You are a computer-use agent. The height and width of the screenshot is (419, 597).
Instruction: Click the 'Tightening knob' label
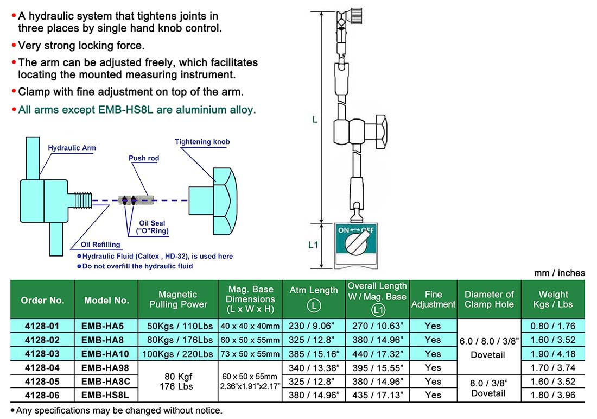point(202,142)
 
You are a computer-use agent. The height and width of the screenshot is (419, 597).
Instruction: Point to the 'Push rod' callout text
point(144,158)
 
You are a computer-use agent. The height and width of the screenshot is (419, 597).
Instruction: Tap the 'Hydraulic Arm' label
point(72,148)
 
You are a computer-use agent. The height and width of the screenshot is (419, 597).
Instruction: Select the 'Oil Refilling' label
point(100,245)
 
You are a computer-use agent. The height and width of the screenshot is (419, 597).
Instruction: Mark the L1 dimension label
point(313,245)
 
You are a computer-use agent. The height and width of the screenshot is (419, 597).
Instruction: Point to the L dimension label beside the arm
point(314,119)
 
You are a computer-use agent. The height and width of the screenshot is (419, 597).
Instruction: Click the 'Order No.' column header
point(42,300)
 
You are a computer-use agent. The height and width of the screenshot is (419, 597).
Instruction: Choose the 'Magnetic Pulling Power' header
point(178,299)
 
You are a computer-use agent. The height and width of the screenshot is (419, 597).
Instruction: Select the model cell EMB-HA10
point(106,354)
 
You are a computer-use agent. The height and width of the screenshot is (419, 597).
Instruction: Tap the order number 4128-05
point(42,382)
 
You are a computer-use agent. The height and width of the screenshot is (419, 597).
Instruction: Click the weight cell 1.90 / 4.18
point(554,354)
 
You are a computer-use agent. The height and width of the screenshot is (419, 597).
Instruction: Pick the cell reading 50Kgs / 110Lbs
point(178,326)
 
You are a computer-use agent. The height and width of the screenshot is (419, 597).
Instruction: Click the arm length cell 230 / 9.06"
point(314,326)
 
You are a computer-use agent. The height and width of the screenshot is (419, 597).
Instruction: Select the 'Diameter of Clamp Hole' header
point(489,299)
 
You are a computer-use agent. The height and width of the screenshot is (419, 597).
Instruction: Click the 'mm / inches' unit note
point(559,273)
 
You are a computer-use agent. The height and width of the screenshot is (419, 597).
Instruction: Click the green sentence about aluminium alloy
point(137,110)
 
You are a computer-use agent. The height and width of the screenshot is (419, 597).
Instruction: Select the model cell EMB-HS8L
point(106,395)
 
